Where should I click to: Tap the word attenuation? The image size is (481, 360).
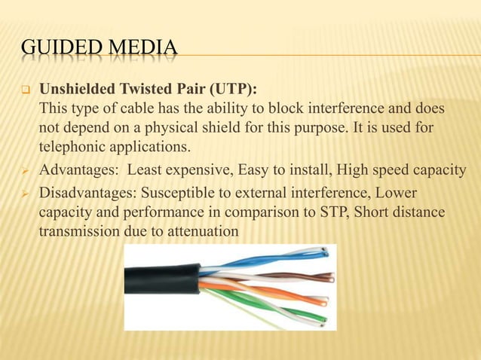pyautogui.click(x=195, y=232)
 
